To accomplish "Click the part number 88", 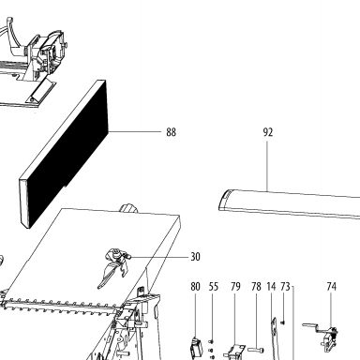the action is pyautogui.click(x=171, y=132).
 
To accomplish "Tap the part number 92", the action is pyautogui.click(x=268, y=132).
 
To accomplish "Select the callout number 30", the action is pyautogui.click(x=195, y=257).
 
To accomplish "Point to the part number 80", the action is pyautogui.click(x=195, y=286).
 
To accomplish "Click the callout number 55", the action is pyautogui.click(x=214, y=286).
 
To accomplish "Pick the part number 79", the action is pyautogui.click(x=235, y=286).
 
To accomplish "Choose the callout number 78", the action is pyautogui.click(x=256, y=286).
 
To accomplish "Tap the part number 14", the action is pyautogui.click(x=271, y=286).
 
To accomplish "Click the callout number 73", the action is pyautogui.click(x=285, y=286).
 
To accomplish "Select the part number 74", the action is pyautogui.click(x=331, y=286).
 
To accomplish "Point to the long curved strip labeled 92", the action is pyautogui.click(x=289, y=203).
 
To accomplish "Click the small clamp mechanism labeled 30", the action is pyautogui.click(x=115, y=265).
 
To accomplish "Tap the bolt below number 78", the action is pyautogui.click(x=256, y=350).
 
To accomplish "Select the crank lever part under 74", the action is pyautogui.click(x=322, y=334).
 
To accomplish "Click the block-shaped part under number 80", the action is pyautogui.click(x=196, y=349).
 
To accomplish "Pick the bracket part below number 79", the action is pyautogui.click(x=235, y=352).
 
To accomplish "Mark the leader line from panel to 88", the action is pyautogui.click(x=135, y=131).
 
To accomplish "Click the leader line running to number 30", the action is pyautogui.click(x=158, y=257).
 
